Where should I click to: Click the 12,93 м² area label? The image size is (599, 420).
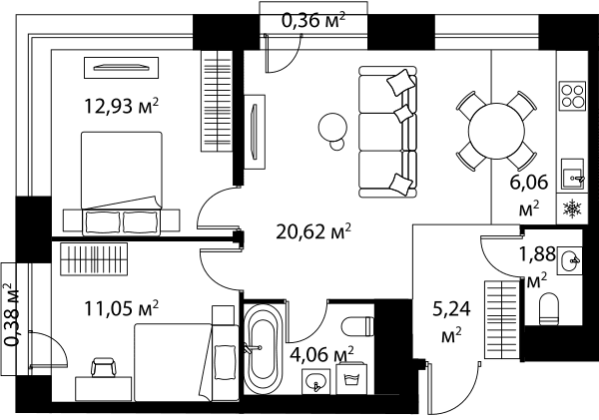click(x=121, y=106)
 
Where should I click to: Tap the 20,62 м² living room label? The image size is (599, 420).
click(x=313, y=231)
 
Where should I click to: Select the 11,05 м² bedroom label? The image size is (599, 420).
click(x=121, y=308)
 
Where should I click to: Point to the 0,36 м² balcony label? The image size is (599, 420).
click(x=313, y=20)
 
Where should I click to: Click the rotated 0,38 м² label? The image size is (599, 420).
click(x=11, y=314)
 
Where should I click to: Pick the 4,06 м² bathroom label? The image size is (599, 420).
click(x=321, y=354)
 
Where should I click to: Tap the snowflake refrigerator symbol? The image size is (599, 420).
click(x=572, y=210)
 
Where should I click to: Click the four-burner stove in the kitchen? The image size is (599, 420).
click(x=573, y=96)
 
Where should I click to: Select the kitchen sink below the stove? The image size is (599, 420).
click(x=572, y=175)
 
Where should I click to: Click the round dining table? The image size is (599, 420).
click(x=496, y=131)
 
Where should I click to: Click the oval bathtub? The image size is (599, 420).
click(x=264, y=348)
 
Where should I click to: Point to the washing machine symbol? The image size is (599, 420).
click(x=351, y=379)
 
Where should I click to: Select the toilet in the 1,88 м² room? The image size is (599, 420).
click(x=549, y=308)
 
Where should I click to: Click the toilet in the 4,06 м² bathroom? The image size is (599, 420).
click(x=357, y=327)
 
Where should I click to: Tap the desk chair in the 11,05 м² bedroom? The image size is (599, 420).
click(x=103, y=367)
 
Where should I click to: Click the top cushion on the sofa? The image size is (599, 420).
click(x=400, y=82)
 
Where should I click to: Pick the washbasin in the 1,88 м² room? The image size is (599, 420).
click(x=570, y=260)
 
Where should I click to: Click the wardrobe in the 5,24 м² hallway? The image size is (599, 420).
click(x=502, y=319)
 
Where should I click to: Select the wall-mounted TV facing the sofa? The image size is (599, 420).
click(x=253, y=132)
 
